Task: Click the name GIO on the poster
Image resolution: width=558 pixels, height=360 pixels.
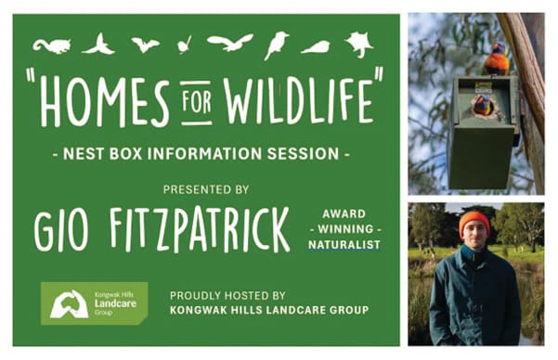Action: click(x=61, y=232)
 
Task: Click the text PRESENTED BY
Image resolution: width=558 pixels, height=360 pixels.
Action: click(x=206, y=189)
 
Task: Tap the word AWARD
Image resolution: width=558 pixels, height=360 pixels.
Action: click(x=345, y=212)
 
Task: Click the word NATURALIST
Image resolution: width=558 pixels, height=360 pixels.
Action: click(x=345, y=245)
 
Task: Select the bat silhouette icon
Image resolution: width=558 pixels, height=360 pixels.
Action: click(x=144, y=44)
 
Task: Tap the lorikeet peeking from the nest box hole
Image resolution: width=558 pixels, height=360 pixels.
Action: click(x=483, y=105)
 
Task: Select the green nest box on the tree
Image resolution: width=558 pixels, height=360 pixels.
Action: click(x=481, y=130)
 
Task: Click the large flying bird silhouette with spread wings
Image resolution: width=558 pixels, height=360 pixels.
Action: click(x=230, y=43)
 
